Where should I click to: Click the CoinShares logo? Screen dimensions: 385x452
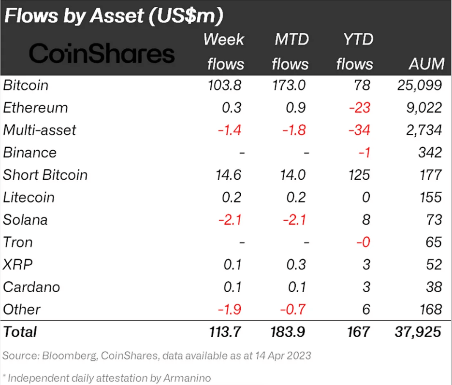(x=102, y=54)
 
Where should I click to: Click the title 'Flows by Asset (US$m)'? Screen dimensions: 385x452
(x=113, y=16)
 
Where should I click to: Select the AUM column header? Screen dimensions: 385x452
(x=425, y=64)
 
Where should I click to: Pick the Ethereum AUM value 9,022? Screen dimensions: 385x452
(x=423, y=108)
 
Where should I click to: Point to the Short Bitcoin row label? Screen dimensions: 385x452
(x=45, y=175)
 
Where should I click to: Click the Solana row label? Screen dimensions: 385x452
(x=25, y=220)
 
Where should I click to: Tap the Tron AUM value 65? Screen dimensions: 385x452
(x=432, y=242)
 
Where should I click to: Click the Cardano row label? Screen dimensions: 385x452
(x=31, y=287)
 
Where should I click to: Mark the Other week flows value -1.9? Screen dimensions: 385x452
(x=229, y=309)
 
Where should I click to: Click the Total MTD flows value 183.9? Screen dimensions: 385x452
(x=289, y=332)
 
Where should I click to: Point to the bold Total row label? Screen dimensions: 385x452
(x=20, y=332)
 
